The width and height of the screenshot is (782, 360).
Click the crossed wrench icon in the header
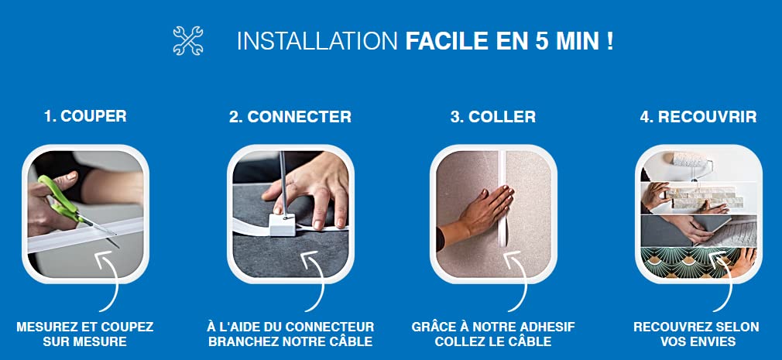[188, 40]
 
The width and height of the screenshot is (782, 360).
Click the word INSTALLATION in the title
[317, 41]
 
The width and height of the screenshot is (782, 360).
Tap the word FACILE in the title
[446, 41]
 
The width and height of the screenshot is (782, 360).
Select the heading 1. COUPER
[85, 116]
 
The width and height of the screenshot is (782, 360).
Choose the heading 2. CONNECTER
[290, 117]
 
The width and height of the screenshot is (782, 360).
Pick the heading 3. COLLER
[492, 117]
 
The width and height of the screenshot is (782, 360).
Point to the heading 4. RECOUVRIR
[698, 117]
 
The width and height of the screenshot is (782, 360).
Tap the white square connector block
[283, 224]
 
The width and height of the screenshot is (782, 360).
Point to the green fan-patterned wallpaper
[698, 262]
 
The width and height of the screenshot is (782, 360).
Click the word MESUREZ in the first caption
[46, 327]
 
